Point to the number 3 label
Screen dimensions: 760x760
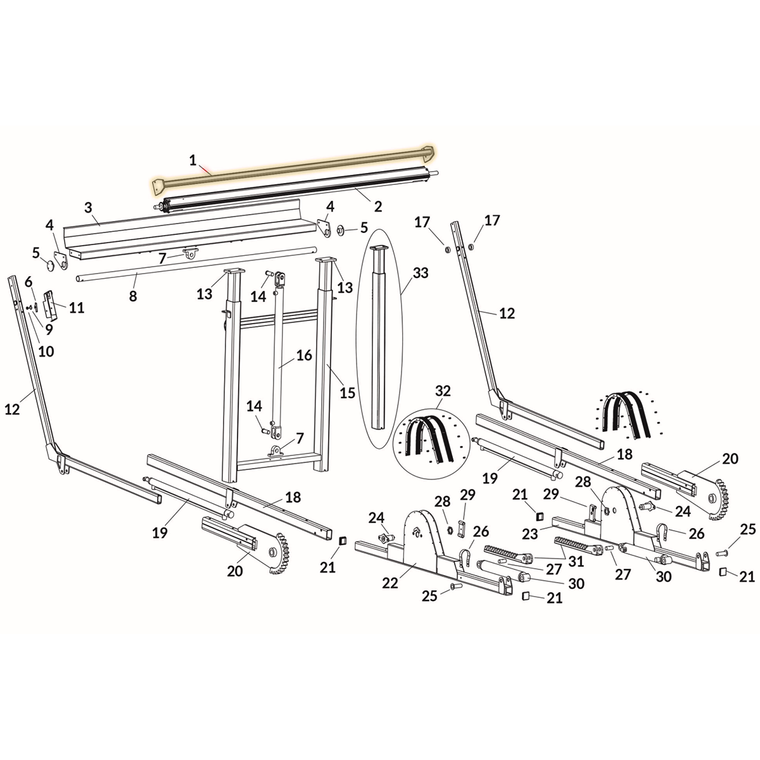coord(88,207)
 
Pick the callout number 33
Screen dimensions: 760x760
coord(421,273)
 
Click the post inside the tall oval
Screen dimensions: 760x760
coord(379,336)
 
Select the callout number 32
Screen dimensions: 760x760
coord(443,391)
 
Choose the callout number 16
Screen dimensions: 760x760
coord(304,355)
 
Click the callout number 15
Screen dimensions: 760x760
coord(348,393)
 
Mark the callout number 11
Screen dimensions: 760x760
coord(77,308)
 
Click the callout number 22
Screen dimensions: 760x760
coord(390,583)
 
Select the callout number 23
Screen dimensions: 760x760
coord(529,534)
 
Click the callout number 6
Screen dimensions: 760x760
coord(28,281)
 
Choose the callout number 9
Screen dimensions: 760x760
coord(49,329)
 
